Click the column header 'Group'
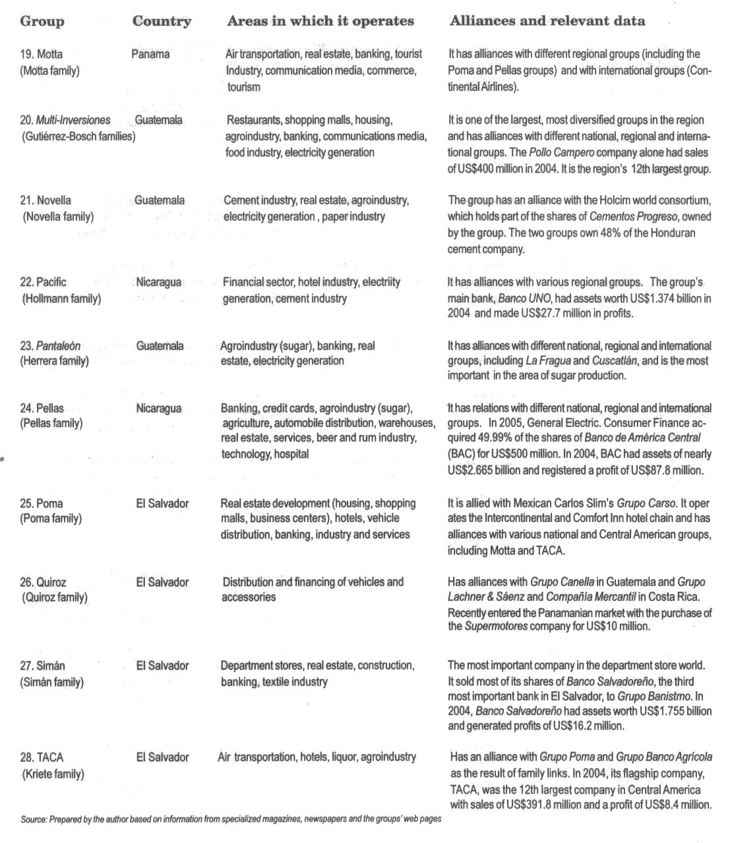(42, 21)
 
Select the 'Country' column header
(162, 21)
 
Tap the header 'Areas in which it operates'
(320, 21)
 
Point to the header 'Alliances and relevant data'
(547, 21)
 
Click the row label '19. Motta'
(42, 54)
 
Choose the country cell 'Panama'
(150, 54)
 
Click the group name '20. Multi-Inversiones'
(65, 120)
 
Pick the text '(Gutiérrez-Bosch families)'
(78, 136)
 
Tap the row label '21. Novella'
(46, 200)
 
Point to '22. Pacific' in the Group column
(43, 282)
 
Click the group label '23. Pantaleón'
(50, 345)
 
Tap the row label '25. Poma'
(42, 504)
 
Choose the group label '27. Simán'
(42, 666)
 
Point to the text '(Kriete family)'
(53, 774)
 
